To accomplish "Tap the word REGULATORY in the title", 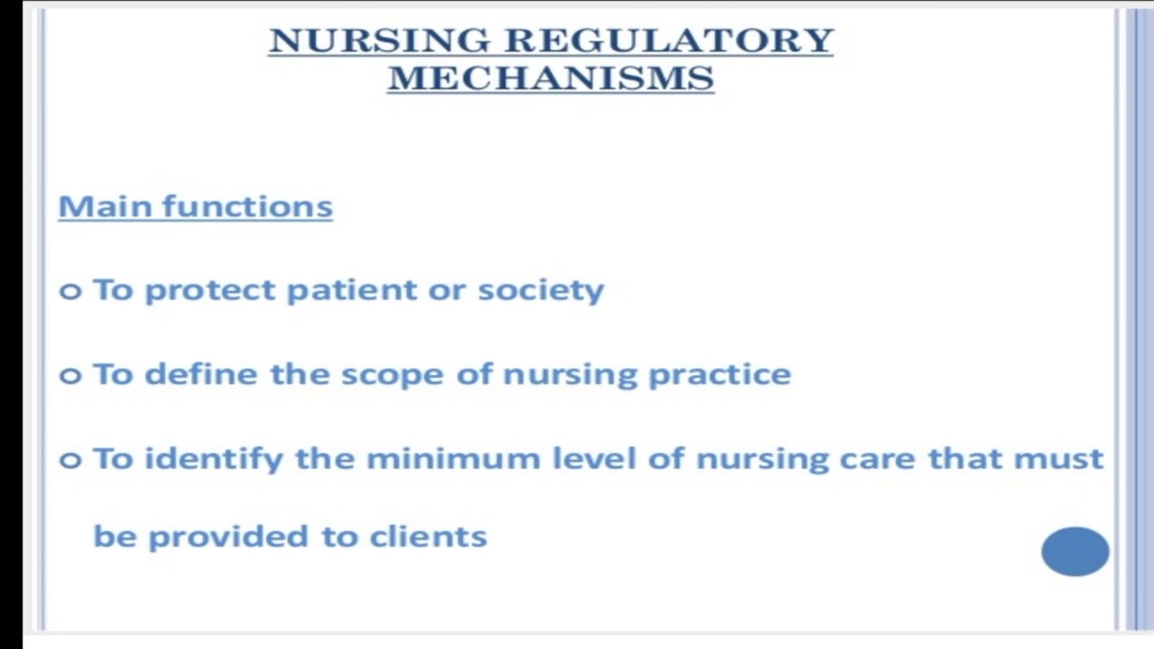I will coord(668,41).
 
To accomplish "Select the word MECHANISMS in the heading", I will coord(551,78).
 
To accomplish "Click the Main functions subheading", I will coord(196,206).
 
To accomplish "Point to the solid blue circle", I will coord(1075,551).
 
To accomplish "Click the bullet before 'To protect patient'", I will coord(70,291).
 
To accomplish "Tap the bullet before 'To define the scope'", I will coord(70,375).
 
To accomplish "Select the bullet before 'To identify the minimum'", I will coord(70,460).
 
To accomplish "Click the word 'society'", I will coord(540,290).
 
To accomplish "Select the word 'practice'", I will coord(719,375).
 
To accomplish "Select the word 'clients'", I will coord(428,536).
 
